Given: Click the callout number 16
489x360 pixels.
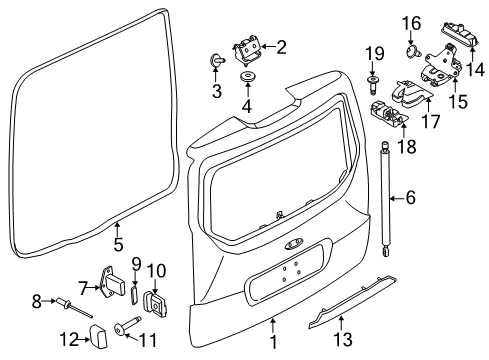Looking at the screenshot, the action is pyautogui.click(x=411, y=23).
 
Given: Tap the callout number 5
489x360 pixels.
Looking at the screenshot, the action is pyautogui.click(x=118, y=244).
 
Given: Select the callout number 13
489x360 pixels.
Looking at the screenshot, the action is pyautogui.click(x=343, y=340).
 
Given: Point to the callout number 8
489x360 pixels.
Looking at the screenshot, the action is pyautogui.click(x=37, y=301).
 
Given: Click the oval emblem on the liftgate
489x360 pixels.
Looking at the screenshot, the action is pyautogui.click(x=294, y=245).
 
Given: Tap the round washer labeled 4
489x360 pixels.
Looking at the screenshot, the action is pyautogui.click(x=248, y=76).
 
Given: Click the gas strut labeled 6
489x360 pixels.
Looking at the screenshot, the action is pyautogui.click(x=385, y=199).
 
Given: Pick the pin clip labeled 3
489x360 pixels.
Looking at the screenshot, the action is pyautogui.click(x=217, y=60).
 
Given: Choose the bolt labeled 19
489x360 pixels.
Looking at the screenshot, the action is pyautogui.click(x=372, y=84).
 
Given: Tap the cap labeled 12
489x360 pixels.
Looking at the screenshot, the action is pyautogui.click(x=98, y=337).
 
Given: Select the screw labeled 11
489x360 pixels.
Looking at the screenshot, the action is pyautogui.click(x=126, y=325).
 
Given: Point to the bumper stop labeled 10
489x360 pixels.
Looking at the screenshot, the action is pyautogui.click(x=155, y=302).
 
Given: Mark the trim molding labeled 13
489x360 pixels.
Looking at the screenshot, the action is pyautogui.click(x=352, y=302).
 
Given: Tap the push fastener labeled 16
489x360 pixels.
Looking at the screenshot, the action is pyautogui.click(x=413, y=51).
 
